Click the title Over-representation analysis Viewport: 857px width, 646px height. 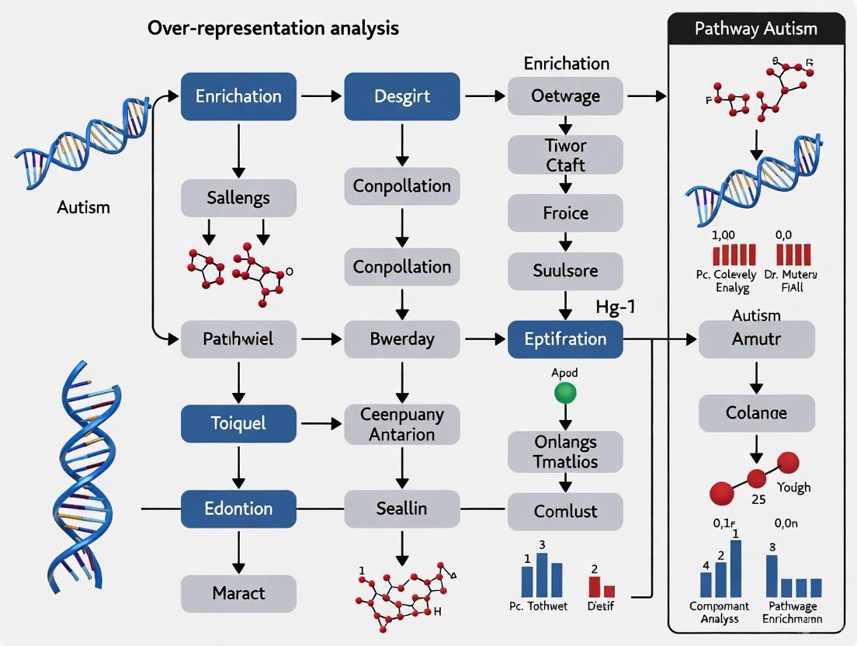tap(272, 29)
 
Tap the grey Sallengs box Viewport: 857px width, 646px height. tap(238, 198)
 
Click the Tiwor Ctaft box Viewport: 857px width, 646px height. tap(565, 155)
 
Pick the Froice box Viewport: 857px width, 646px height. tap(565, 213)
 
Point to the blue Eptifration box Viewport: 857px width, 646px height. tap(565, 339)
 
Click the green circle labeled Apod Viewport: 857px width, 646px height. tap(565, 392)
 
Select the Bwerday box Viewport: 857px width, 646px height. tap(401, 339)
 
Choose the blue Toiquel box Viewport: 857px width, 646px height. tap(238, 423)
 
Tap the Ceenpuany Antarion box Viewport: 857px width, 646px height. tap(401, 424)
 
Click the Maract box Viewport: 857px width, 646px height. tap(238, 593)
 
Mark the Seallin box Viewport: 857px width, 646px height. tap(401, 509)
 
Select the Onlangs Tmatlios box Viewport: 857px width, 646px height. tap(565, 452)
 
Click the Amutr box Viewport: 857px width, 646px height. tap(756, 339)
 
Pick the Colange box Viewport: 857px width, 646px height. tap(756, 413)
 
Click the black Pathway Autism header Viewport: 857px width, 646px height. tap(756, 29)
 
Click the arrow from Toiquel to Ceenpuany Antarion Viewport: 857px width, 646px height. tap(320, 423)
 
